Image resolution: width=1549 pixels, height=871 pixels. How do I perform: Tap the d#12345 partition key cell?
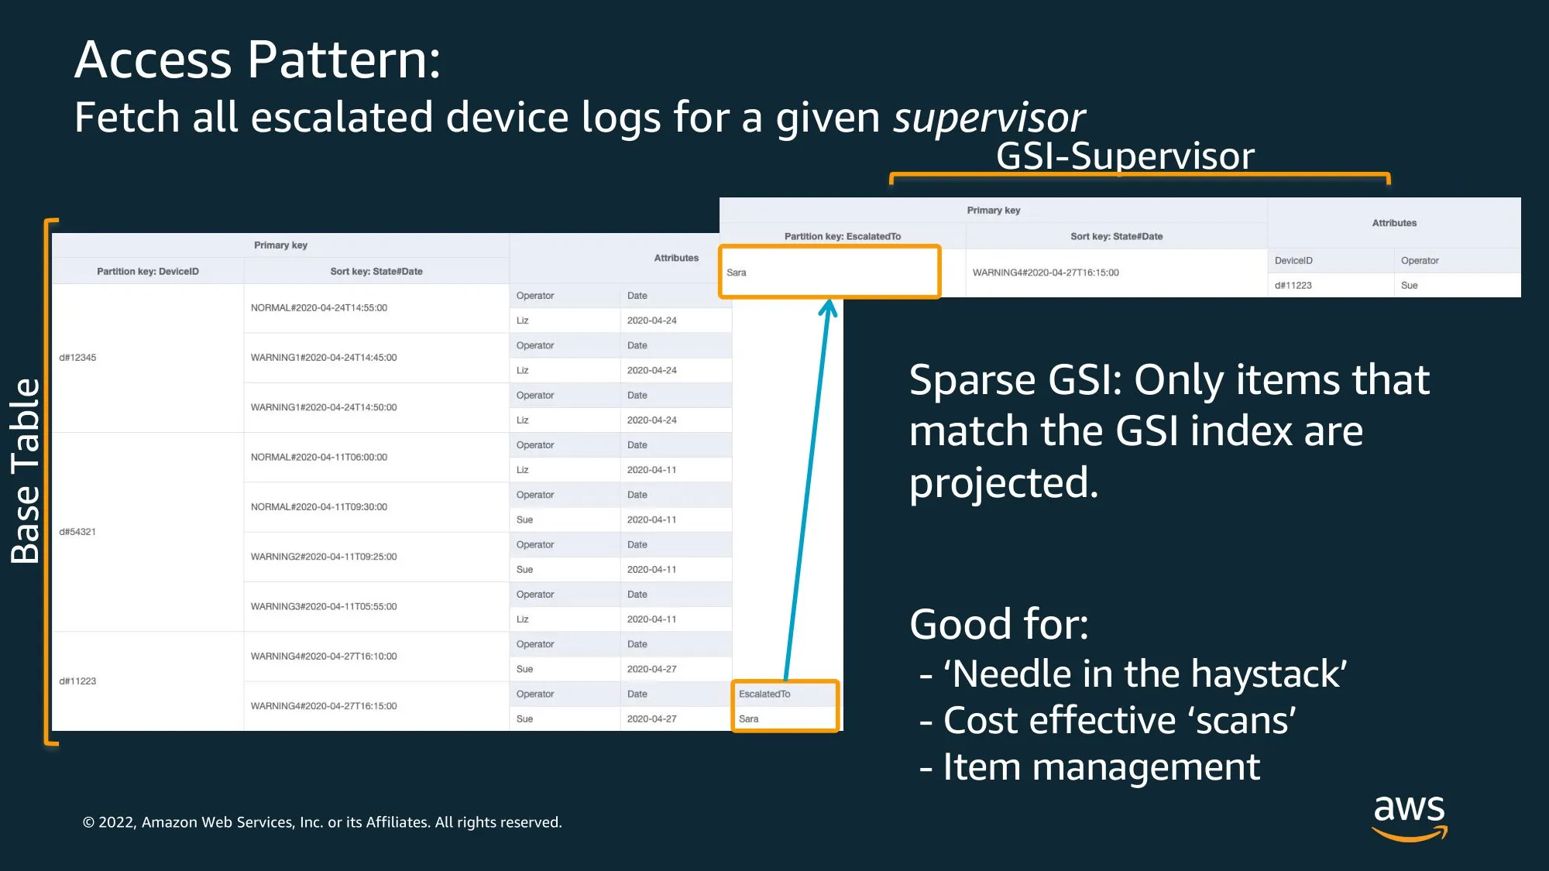point(77,358)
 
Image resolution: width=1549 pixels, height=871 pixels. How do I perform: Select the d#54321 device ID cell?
point(77,532)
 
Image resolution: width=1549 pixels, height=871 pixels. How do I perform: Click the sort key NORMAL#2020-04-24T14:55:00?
point(319,308)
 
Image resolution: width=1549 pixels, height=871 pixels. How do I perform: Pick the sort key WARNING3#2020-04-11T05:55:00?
point(324,607)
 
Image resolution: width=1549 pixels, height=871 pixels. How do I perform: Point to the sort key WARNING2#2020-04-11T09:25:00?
point(324,557)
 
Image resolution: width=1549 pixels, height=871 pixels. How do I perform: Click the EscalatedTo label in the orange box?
point(764,694)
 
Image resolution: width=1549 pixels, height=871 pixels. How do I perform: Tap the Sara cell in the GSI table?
point(737,273)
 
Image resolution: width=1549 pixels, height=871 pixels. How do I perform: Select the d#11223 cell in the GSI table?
point(1293,286)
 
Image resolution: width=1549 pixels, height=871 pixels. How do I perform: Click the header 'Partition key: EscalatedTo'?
point(843,237)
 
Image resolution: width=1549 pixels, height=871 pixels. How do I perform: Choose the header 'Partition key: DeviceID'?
point(148,272)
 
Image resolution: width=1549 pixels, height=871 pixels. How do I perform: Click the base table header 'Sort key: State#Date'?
point(376,272)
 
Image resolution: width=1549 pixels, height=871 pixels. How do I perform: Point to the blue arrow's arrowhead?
point(828,307)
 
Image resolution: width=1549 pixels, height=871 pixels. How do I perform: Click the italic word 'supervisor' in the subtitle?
point(989,118)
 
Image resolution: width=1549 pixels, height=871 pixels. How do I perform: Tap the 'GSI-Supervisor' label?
point(1125,156)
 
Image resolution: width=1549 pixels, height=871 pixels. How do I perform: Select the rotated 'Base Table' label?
point(25,471)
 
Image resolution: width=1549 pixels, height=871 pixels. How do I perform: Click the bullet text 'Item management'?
point(1101,767)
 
